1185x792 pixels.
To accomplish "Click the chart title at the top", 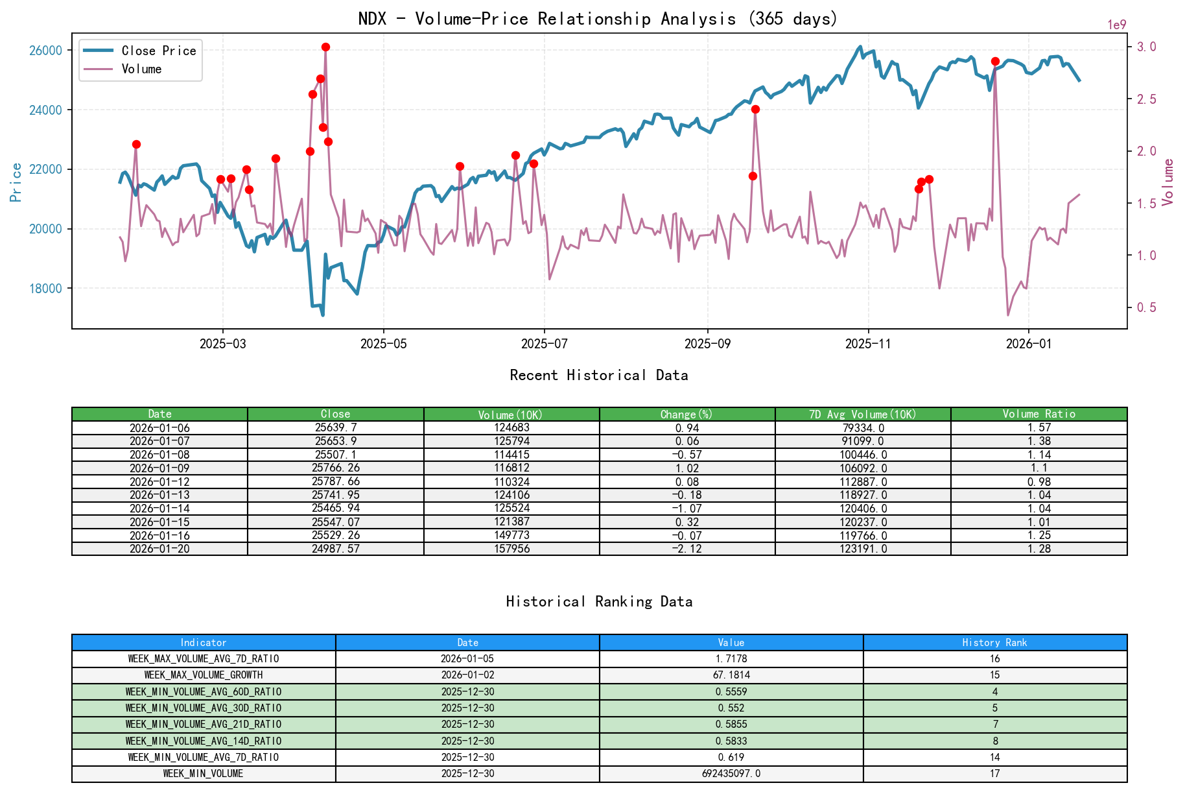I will click(598, 19).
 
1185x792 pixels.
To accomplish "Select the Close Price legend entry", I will click(158, 51).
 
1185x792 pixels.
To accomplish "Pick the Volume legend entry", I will click(141, 69).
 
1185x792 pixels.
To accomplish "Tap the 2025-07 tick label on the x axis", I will click(544, 344).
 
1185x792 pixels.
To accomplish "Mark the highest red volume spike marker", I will click(325, 47).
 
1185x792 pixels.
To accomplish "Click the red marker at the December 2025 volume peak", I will click(995, 61).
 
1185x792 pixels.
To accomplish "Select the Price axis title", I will click(16, 182).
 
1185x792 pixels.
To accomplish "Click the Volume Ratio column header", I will click(1038, 414).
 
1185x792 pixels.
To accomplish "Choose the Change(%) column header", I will click(686, 414).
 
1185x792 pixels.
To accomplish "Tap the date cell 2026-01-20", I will click(159, 549).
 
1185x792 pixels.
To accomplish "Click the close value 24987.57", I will click(335, 549).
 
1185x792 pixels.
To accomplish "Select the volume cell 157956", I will click(511, 549).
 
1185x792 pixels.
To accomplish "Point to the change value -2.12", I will click(686, 549).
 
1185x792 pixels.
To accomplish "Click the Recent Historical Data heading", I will click(598, 375).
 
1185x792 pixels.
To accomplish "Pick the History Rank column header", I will click(994, 642).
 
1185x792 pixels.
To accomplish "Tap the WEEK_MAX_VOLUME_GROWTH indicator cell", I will click(204, 675).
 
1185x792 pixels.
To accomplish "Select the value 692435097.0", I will click(731, 774).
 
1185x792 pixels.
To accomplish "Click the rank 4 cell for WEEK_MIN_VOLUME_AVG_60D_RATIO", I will click(994, 691).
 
